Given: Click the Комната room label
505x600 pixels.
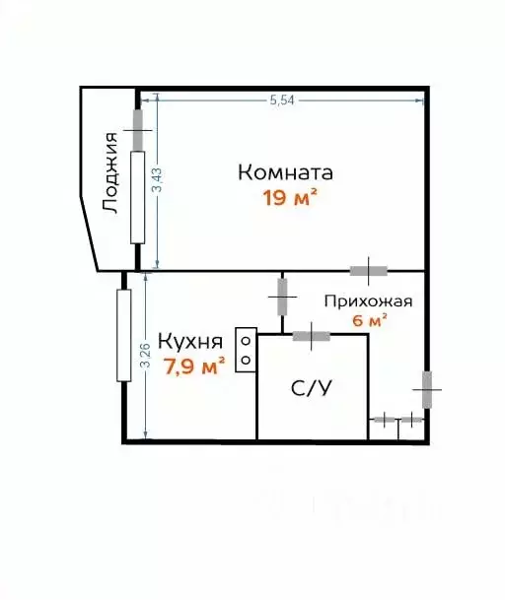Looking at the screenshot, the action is (x=285, y=172).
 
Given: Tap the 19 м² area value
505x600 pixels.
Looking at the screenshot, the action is (x=290, y=198).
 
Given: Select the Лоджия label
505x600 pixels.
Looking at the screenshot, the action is (x=110, y=172).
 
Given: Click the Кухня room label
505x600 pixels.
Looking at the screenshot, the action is (x=190, y=341).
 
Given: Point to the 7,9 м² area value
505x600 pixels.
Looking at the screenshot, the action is (x=194, y=367).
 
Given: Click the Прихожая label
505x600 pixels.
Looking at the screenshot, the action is (x=368, y=301).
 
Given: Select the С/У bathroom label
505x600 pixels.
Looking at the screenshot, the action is (x=311, y=389).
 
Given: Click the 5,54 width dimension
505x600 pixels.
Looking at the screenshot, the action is (x=282, y=100).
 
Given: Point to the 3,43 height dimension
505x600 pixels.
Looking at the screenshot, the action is (x=158, y=180).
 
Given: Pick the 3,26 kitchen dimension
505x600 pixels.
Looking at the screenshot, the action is (x=146, y=355).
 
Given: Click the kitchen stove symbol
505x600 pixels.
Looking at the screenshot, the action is (x=246, y=350).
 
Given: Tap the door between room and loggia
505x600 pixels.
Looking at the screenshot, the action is (x=137, y=130).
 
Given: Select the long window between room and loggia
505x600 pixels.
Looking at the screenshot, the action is (x=137, y=197).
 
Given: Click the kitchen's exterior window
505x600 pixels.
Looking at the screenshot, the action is (x=123, y=336).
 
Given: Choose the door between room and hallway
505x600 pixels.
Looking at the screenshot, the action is (x=369, y=271).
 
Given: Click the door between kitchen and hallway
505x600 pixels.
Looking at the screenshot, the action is (x=282, y=297).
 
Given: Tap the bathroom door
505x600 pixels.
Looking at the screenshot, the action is (x=311, y=336).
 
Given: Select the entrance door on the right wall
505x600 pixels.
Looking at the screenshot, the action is (x=427, y=389).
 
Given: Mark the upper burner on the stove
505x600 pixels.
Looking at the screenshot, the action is (x=246, y=340).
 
